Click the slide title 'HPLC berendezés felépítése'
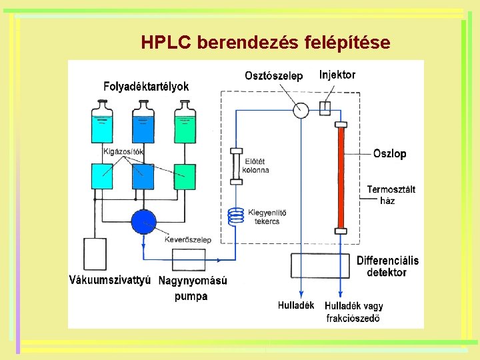pos(265,43)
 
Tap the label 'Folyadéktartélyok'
pos(146,86)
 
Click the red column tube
pos(341,178)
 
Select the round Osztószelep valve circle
pos(301,109)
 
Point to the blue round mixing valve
pos(143,221)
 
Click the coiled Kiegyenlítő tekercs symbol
pos(236,215)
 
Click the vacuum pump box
pos(94,254)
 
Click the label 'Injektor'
pos(337,75)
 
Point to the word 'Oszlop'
pos(390,153)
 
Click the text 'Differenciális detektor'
pos(387,266)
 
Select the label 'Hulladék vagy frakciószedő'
pos(354,312)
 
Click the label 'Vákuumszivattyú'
pos(110,279)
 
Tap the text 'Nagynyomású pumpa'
pos(192,288)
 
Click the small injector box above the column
pos(325,109)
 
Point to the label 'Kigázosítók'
pos(124,151)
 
